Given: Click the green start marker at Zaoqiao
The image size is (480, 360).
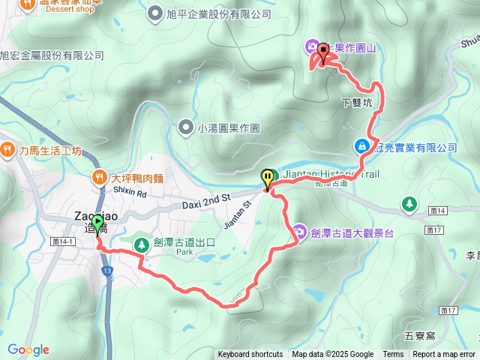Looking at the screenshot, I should click(x=98, y=223).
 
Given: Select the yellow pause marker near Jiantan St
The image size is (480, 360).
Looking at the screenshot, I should click(x=268, y=178).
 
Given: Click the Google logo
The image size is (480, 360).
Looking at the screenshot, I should click(x=28, y=349).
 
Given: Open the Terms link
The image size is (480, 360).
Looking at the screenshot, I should click(x=393, y=355).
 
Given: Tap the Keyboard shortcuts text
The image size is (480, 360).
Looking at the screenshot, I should click(x=250, y=355).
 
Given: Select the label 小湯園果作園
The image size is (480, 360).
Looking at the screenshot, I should click(x=229, y=128).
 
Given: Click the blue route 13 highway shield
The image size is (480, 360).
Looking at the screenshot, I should click(x=109, y=269).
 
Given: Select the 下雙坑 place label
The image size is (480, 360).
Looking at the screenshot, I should click(x=356, y=103).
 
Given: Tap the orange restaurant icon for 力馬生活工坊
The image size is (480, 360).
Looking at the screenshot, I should click(x=7, y=149).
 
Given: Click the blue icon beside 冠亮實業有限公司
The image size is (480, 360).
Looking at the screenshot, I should click(x=362, y=145).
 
